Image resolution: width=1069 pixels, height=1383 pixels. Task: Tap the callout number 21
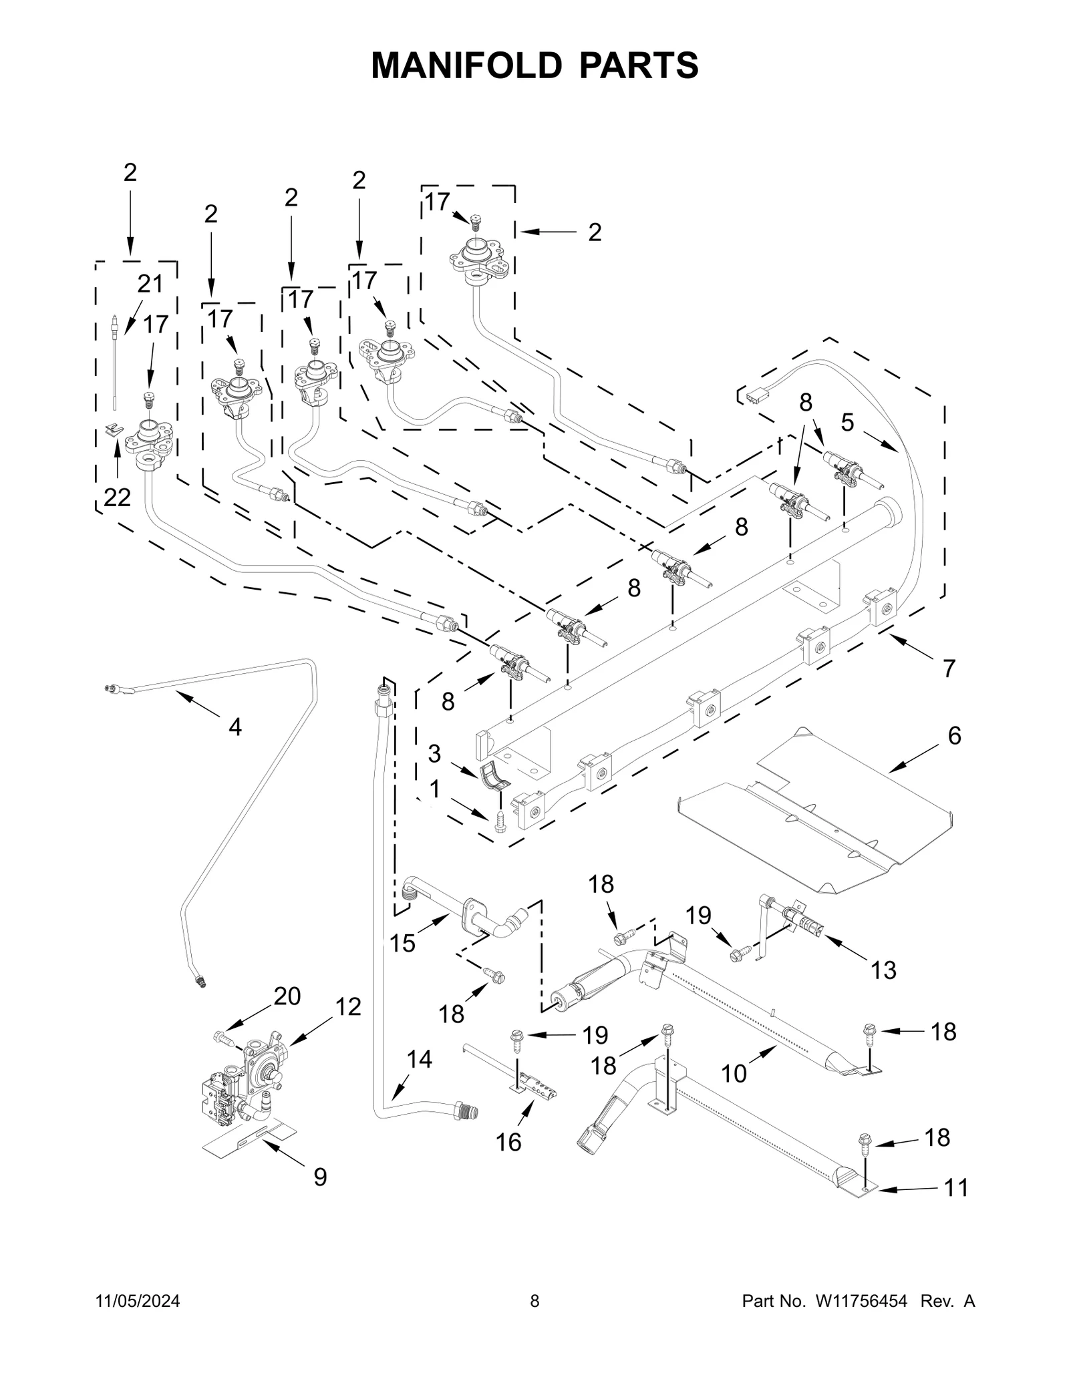pos(150,284)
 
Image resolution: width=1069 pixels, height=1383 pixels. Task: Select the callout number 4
pos(235,727)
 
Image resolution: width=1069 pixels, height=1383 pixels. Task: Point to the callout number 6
pos(954,736)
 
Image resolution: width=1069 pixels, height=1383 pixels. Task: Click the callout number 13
pos(883,970)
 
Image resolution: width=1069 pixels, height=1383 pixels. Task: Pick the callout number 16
pos(508,1142)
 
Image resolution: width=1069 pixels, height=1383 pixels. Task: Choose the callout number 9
pos(320,1177)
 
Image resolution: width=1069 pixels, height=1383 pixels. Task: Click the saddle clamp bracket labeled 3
pos(495,775)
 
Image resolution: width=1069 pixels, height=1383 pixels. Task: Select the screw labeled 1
pos(500,822)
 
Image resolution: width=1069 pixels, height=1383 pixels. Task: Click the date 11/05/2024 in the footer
pos(138,1320)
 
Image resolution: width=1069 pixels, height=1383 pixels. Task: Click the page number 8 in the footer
pos(534,1320)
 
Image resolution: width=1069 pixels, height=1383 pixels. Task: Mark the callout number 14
pos(420,1059)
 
